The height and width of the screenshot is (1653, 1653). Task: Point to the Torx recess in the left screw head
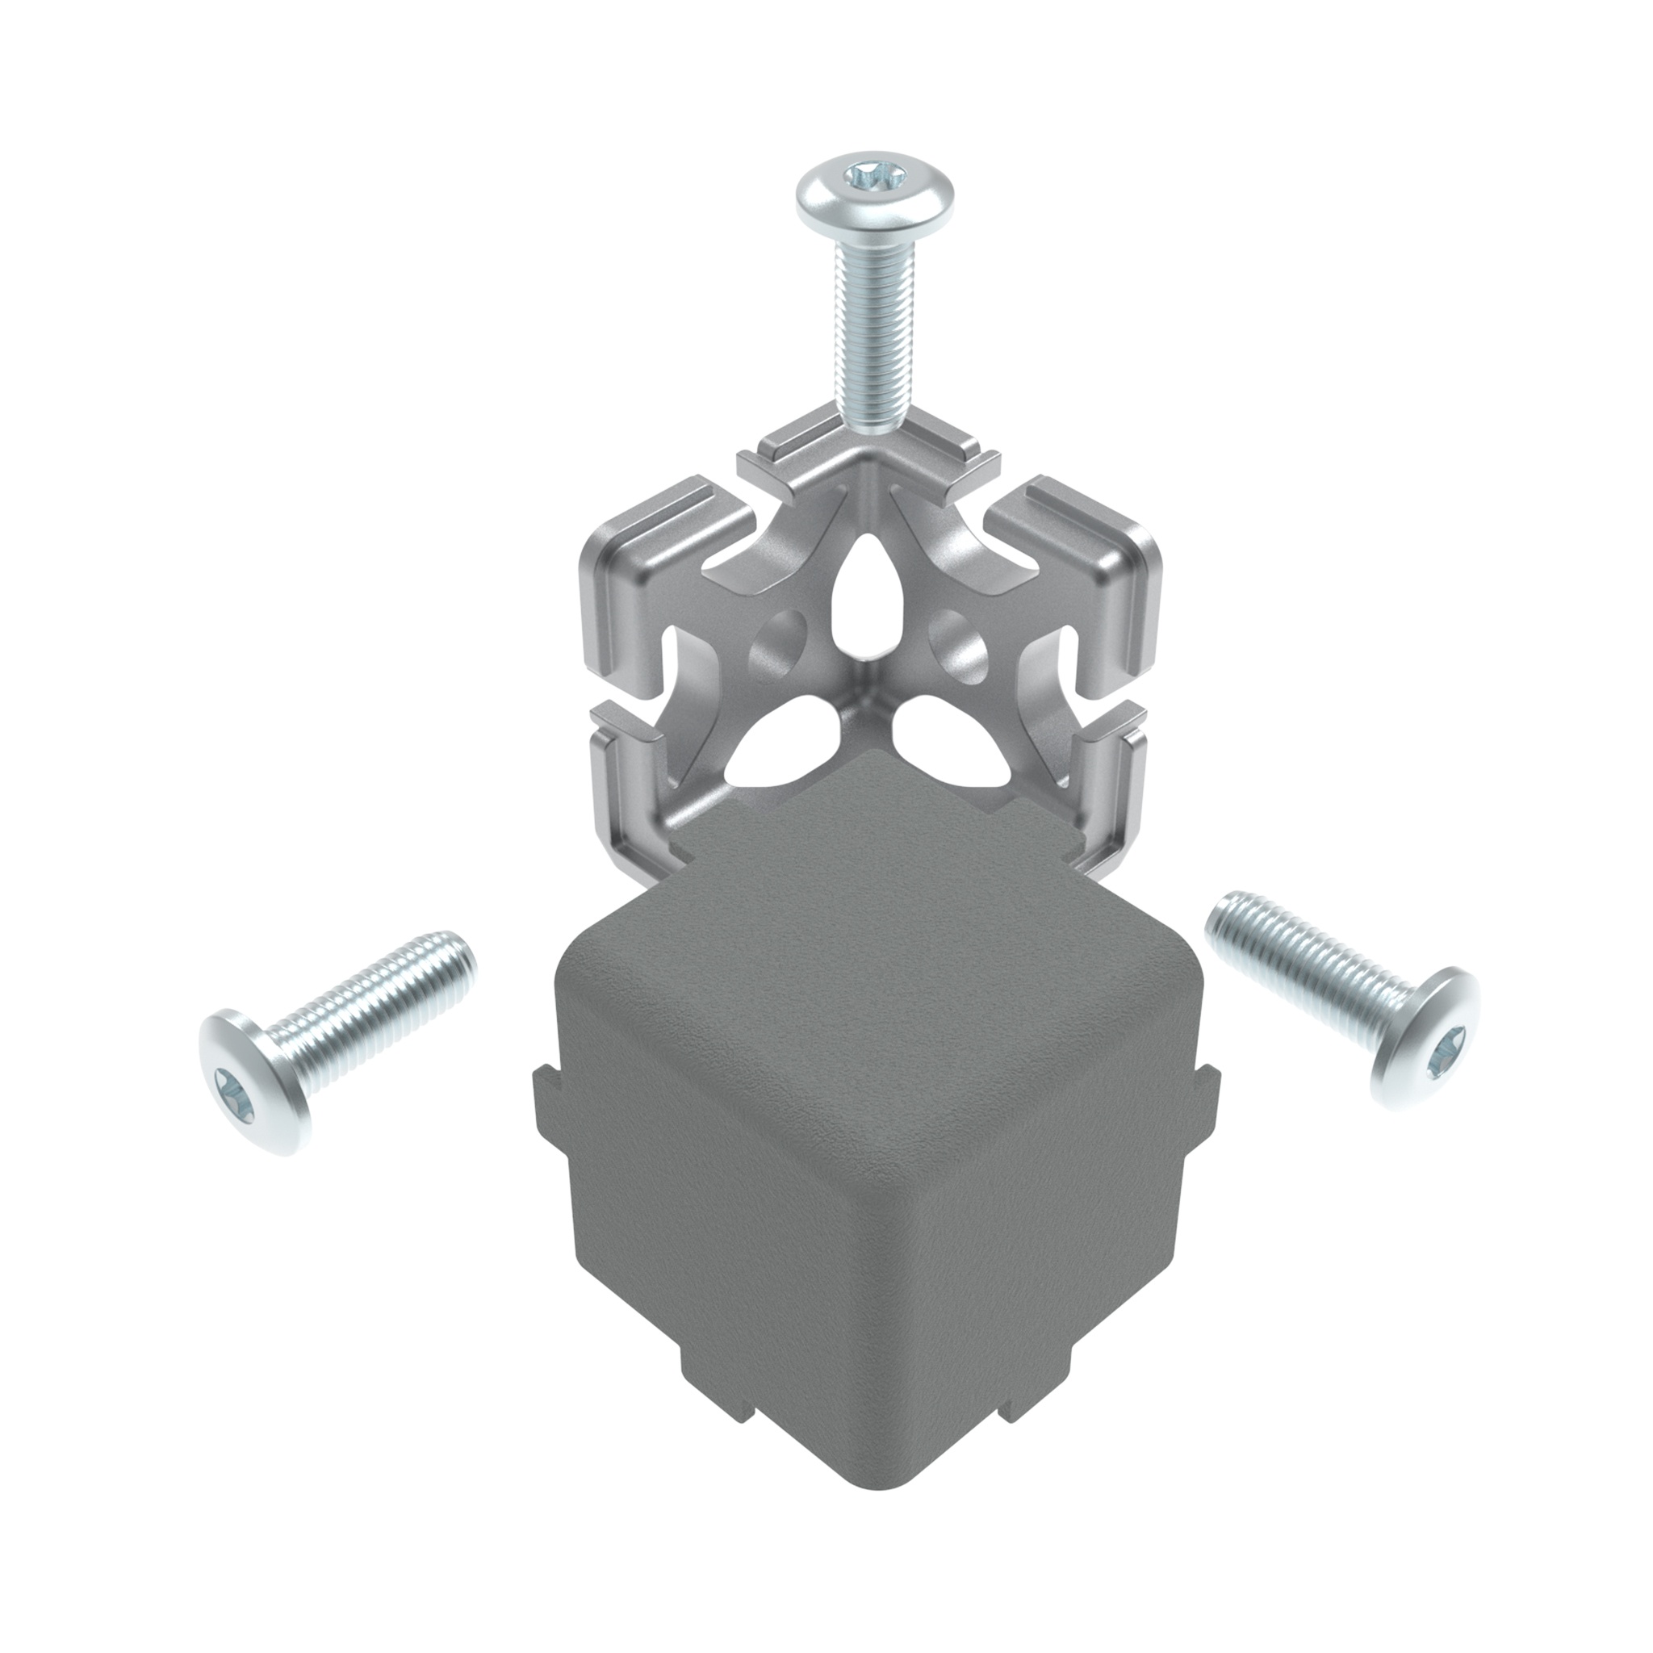point(236,1092)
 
